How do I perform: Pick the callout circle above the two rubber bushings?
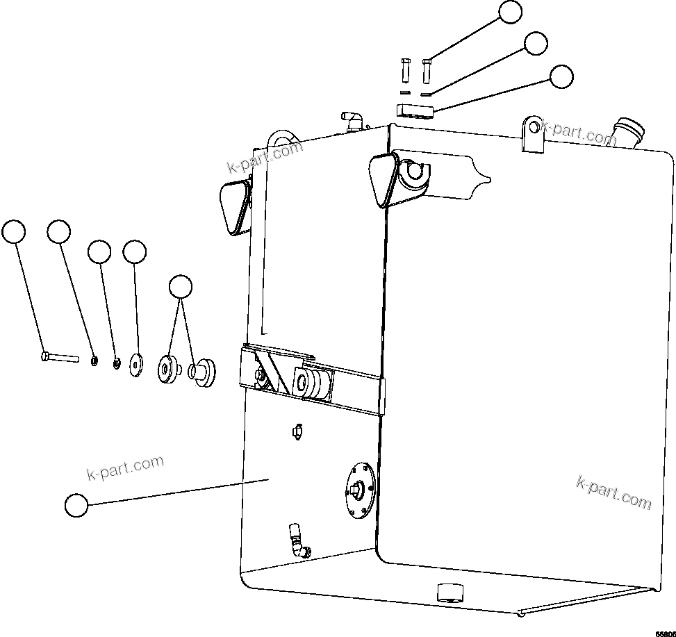coord(181,287)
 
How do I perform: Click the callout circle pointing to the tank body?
coord(76,505)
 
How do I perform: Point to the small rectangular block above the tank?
coord(415,110)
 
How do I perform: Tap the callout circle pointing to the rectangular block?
coord(561,76)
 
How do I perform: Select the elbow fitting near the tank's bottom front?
coord(298,541)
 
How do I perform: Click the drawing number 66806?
coord(664,633)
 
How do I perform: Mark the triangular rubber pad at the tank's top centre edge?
coord(381,179)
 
